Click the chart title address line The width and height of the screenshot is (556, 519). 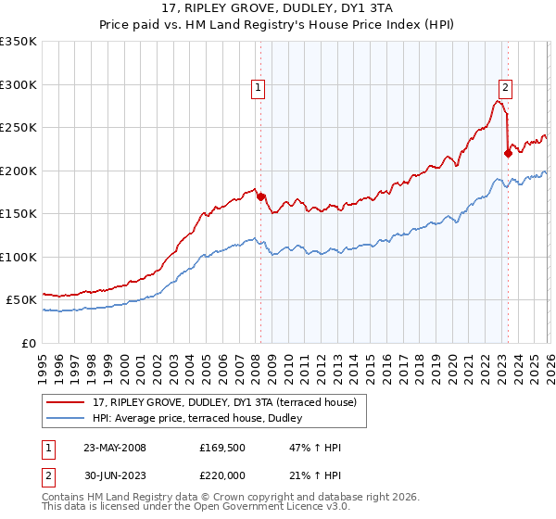pos(277,10)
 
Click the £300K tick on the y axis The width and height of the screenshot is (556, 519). pos(19,84)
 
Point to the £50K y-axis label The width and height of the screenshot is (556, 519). pos(21,300)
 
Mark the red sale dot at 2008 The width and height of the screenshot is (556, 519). pos(260,196)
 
